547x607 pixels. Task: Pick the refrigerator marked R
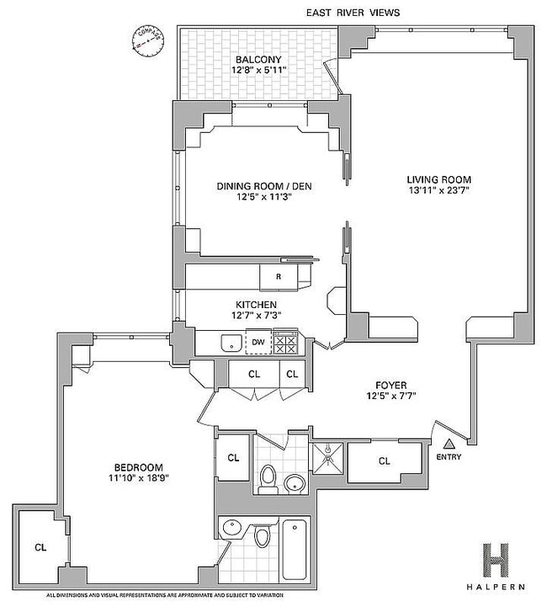[x=278, y=276]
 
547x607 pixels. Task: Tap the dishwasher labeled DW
[x=258, y=343]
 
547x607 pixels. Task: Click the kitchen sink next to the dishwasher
[x=228, y=343]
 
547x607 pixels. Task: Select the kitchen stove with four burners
[x=287, y=343]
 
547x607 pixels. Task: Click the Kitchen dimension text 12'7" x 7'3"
[x=258, y=316]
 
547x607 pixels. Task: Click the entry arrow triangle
[x=449, y=442]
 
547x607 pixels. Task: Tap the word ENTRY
[x=449, y=456]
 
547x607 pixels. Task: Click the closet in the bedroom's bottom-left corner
[x=40, y=546]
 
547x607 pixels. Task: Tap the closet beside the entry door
[x=384, y=461]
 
